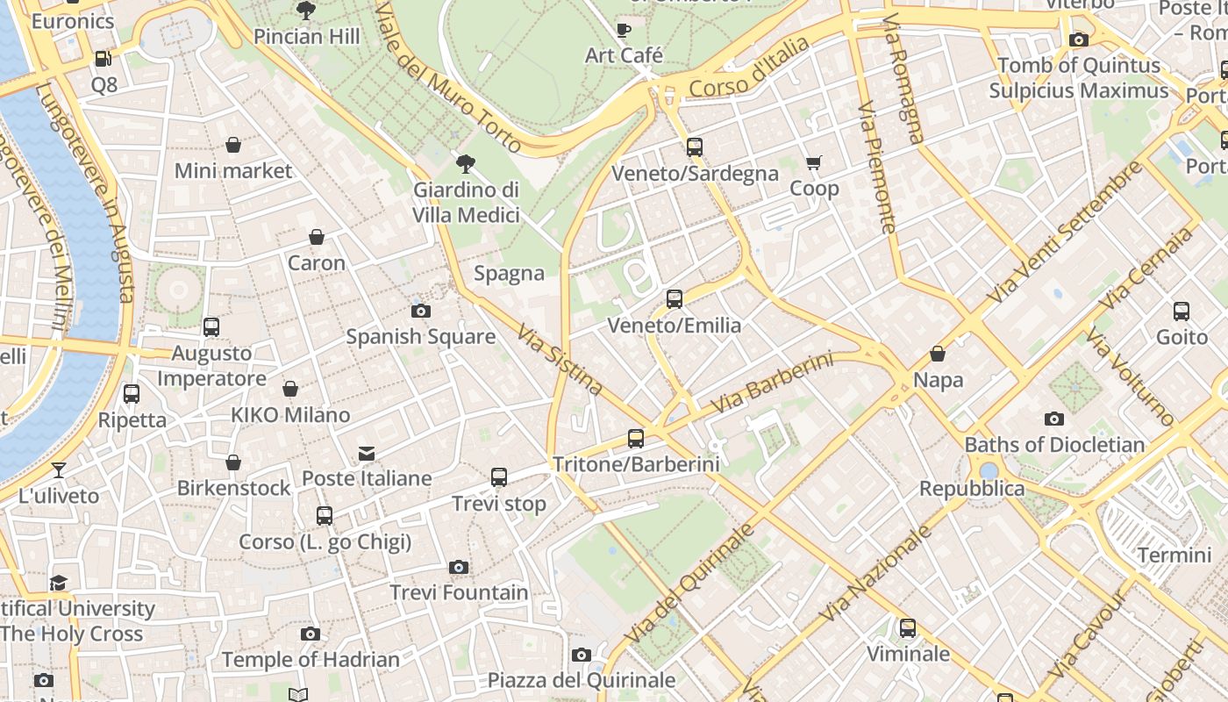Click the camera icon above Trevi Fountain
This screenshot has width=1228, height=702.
coord(458,567)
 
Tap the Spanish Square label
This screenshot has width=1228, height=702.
coord(420,336)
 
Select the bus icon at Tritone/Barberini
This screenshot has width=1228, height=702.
coord(636,438)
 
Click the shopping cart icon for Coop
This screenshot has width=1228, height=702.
coord(814,162)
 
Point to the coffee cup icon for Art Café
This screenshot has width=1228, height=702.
coord(624,29)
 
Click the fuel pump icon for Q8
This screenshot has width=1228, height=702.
coord(104,59)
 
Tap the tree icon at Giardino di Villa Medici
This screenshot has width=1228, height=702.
coord(466,162)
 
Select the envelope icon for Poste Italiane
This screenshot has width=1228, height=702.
coord(367,453)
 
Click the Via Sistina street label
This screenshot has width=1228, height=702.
coord(560,360)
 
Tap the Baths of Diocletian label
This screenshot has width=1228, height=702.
coord(1054,445)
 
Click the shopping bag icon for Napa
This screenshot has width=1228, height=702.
coord(938,354)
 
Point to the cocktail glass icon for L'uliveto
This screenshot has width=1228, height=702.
coord(59,469)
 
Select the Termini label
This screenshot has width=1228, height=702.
coord(1174,555)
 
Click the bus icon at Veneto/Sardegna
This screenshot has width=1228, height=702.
coord(695,147)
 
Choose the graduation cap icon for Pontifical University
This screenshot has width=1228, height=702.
coord(59,583)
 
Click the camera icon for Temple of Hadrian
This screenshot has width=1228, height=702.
coord(310,634)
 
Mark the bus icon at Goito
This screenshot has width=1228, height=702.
coord(1182,311)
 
